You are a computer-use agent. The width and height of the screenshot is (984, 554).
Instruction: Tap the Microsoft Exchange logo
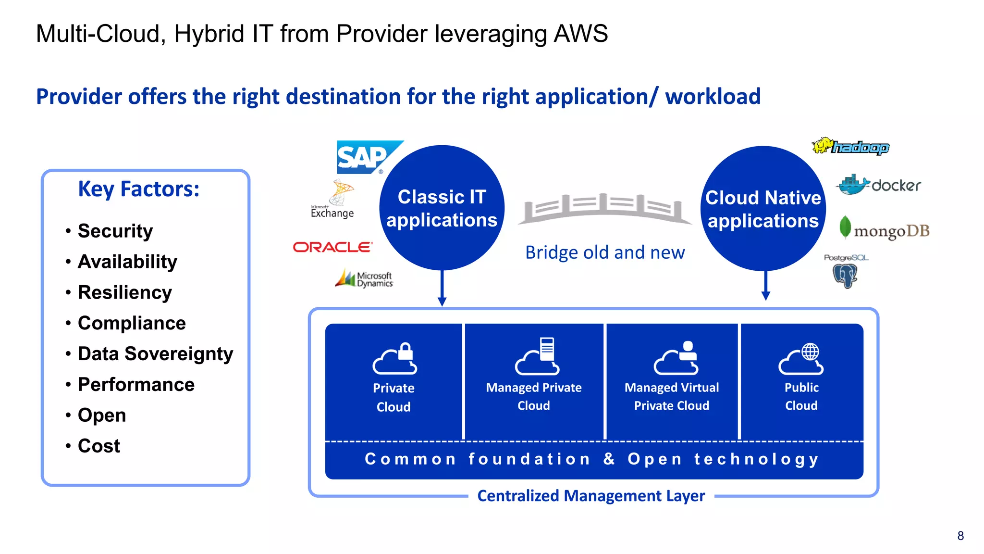334,200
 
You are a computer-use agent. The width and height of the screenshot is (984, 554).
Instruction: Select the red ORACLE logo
332,247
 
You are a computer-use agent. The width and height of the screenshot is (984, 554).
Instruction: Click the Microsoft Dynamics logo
365,278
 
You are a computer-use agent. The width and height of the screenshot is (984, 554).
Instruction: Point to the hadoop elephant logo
850,146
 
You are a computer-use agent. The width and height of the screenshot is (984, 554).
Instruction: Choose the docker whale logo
878,185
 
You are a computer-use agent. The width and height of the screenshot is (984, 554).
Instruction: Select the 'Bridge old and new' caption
604,252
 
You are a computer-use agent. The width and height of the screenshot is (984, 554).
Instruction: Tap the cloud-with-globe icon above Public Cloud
801,359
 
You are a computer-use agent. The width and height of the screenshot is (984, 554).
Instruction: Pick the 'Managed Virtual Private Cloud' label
671,396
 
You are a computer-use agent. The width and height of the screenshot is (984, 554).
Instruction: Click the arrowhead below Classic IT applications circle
442,301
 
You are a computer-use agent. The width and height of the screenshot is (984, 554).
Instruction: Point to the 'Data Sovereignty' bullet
155,353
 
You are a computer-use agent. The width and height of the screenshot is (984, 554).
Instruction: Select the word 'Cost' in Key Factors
99,446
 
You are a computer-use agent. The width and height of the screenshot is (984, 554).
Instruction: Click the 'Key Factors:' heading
138,189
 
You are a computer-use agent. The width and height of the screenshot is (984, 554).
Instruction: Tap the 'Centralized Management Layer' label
590,495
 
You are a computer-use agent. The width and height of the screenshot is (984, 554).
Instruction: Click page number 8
960,536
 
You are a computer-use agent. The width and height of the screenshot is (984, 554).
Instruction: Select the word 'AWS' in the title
580,34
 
